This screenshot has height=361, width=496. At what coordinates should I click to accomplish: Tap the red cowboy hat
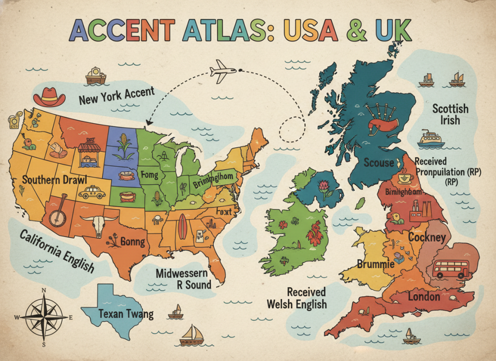(x=49, y=97)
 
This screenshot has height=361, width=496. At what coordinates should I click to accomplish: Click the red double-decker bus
(x=450, y=269)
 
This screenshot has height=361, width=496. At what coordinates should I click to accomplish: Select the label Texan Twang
(x=125, y=314)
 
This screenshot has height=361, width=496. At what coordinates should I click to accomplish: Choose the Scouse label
(x=379, y=163)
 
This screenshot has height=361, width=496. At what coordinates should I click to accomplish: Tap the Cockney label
(x=427, y=237)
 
